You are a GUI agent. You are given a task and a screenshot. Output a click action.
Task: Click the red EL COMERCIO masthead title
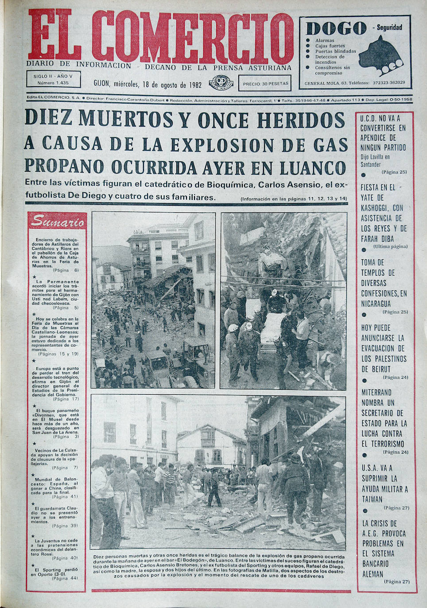[160, 38]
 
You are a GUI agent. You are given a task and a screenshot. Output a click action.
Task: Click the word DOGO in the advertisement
[336, 29]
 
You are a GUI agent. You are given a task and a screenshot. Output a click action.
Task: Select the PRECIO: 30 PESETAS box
[265, 83]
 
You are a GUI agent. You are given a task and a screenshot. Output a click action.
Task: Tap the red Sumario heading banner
[58, 222]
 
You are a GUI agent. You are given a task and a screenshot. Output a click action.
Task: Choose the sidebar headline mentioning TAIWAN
[384, 483]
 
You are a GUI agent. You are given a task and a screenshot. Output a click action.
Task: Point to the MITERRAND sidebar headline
[383, 418]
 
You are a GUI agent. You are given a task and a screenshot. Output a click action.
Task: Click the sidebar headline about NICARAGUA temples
[384, 283]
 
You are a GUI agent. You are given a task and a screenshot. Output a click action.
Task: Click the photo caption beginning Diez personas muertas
[219, 566]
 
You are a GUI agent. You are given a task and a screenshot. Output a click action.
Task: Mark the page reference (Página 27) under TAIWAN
[396, 508]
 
